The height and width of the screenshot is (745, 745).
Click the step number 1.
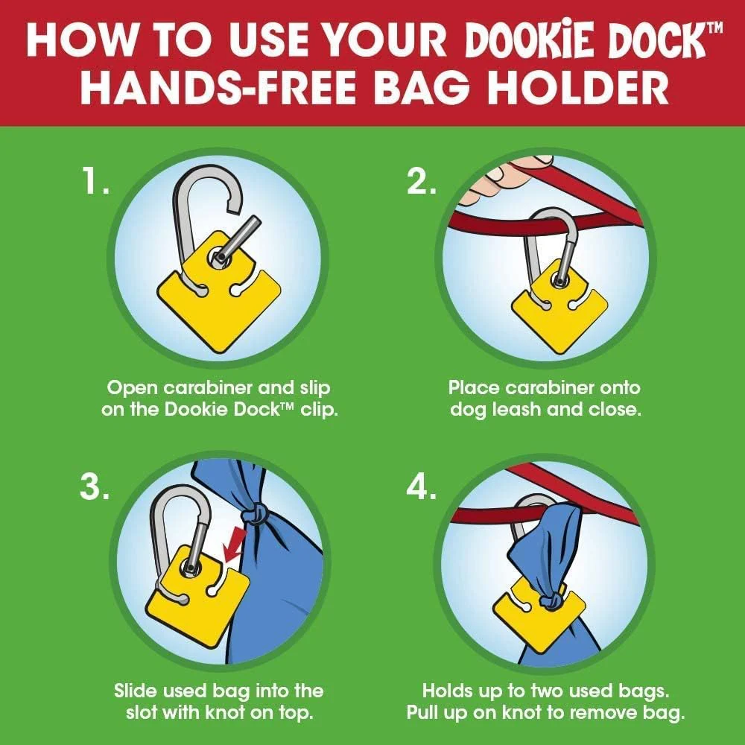click(95, 181)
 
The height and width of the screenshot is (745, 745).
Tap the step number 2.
click(421, 181)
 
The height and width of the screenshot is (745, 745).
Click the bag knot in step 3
click(255, 516)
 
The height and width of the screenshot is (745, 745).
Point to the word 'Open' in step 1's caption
click(132, 388)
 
